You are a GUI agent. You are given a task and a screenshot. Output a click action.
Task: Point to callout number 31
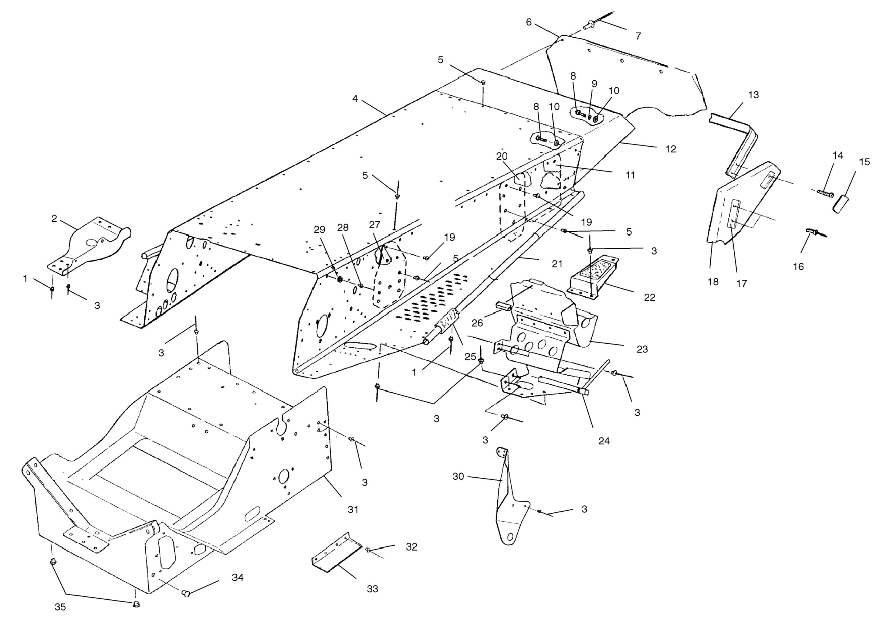tap(353, 509)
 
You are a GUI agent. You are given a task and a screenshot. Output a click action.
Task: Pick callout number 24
tap(604, 441)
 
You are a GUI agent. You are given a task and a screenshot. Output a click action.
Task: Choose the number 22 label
tap(649, 298)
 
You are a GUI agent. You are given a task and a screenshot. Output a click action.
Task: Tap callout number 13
tap(753, 95)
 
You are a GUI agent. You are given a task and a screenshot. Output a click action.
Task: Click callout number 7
tap(638, 36)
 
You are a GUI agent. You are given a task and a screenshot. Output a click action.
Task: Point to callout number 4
tap(355, 99)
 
